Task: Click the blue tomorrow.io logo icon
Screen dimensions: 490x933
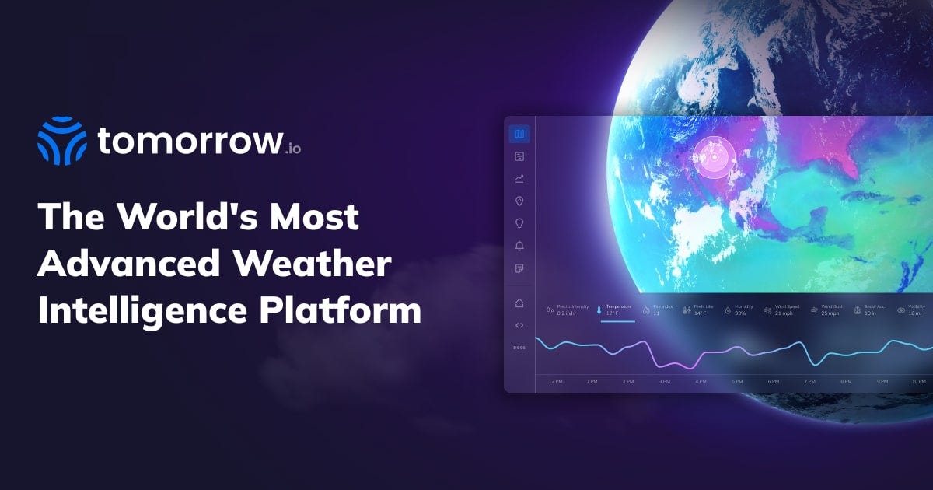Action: pos(61,141)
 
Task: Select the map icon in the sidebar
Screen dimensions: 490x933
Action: pos(519,135)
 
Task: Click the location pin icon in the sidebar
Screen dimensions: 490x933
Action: pos(519,201)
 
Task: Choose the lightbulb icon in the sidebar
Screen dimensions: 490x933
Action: pos(519,224)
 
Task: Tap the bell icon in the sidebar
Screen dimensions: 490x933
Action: pos(519,247)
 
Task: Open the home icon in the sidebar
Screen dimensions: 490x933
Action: pos(519,303)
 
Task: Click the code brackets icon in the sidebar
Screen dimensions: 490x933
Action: pos(519,325)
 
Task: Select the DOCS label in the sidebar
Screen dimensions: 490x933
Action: pos(519,347)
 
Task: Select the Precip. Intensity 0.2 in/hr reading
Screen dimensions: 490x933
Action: pos(568,310)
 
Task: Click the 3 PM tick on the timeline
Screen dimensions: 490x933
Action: pos(665,382)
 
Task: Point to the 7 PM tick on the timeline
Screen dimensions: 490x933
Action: pos(809,382)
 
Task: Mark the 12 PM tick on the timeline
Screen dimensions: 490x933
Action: pos(555,382)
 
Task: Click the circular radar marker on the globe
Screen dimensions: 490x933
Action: pos(711,158)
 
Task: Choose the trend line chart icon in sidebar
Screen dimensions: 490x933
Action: pos(519,179)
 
